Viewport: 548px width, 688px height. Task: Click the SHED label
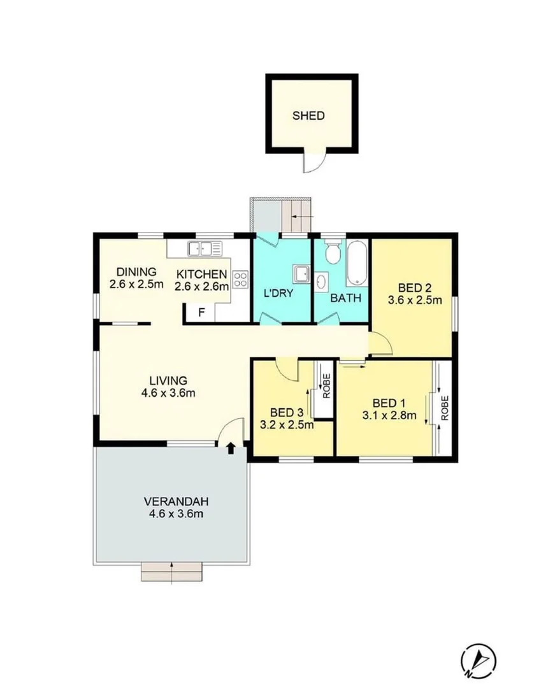(308, 116)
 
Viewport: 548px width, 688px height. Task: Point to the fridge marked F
(201, 312)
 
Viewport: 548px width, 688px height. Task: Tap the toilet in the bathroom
(331, 253)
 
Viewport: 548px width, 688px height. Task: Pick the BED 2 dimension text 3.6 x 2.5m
(415, 299)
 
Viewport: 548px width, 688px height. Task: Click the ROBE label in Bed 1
(445, 407)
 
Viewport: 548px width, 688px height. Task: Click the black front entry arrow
(230, 449)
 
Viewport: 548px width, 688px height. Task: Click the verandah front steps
(172, 572)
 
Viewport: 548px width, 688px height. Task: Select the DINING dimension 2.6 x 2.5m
(136, 284)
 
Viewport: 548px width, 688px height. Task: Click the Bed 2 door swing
(381, 346)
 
